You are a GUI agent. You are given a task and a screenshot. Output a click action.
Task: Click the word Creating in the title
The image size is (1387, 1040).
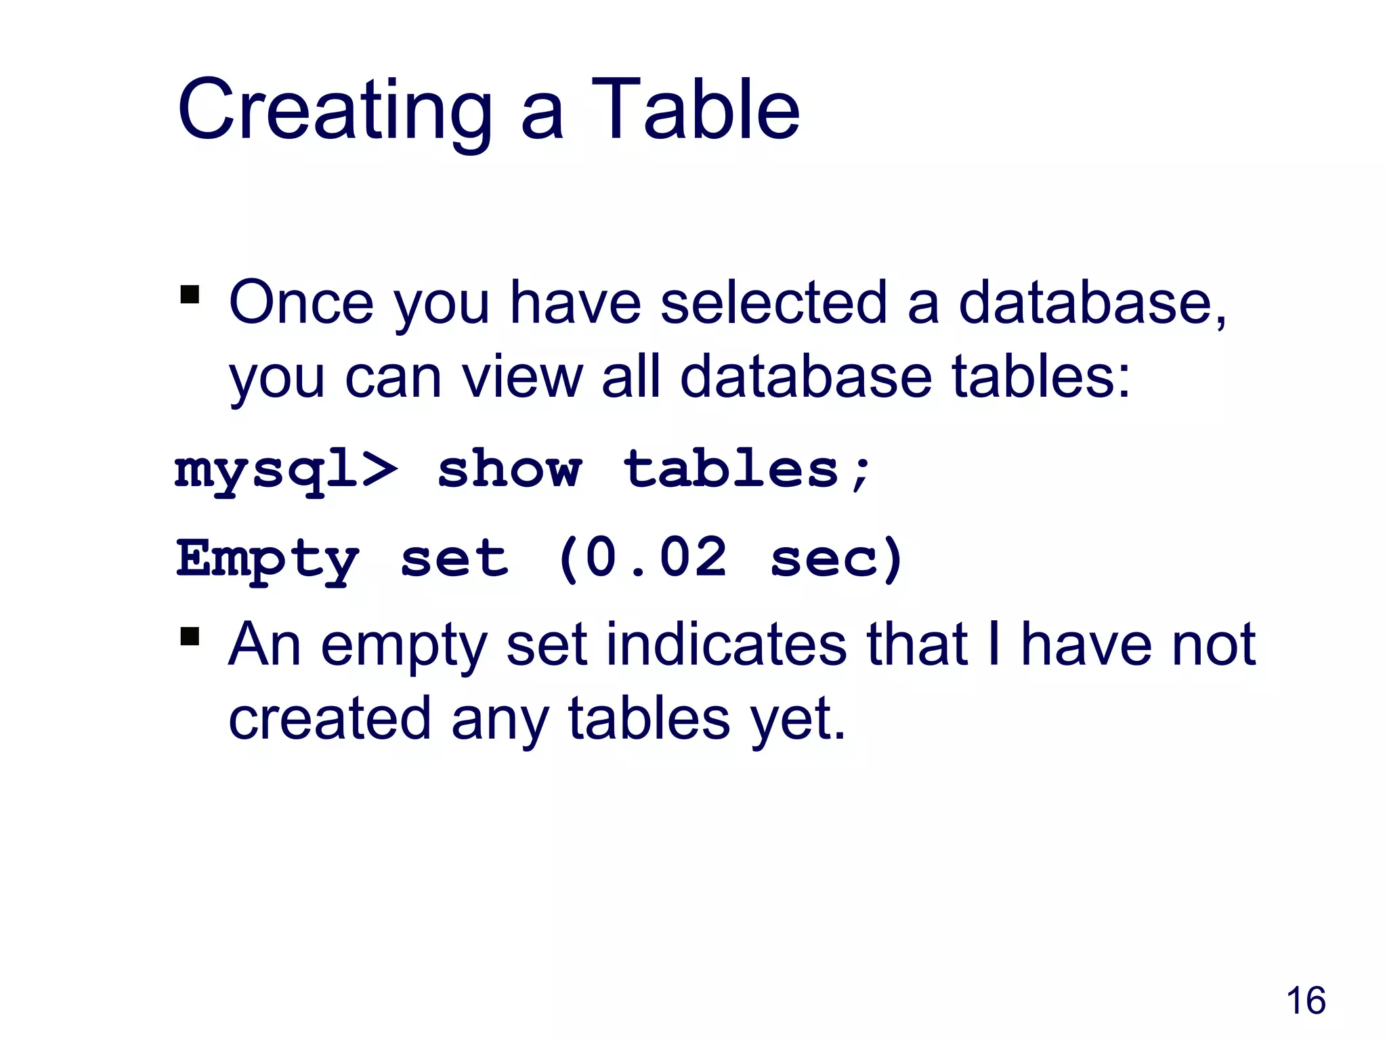click(x=335, y=110)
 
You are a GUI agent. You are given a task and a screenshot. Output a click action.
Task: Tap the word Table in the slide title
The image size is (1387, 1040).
click(x=696, y=110)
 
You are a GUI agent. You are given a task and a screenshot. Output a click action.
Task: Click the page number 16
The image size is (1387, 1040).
click(x=1305, y=1001)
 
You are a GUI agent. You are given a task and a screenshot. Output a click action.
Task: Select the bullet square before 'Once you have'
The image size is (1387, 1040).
click(x=190, y=295)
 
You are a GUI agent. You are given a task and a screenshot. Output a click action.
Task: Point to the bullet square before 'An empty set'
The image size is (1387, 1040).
click(x=190, y=637)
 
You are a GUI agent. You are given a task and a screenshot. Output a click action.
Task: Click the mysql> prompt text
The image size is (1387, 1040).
click(x=286, y=471)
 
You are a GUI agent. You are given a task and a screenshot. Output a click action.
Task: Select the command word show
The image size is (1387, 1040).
click(x=509, y=469)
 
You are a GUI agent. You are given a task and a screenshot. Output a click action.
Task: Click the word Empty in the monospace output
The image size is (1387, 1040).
click(x=267, y=559)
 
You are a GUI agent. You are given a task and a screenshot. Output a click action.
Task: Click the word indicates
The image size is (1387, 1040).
click(x=726, y=645)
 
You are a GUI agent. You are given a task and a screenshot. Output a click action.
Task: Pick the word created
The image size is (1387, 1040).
click(x=330, y=718)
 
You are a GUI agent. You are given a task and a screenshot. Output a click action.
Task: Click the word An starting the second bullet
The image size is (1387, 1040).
click(x=264, y=645)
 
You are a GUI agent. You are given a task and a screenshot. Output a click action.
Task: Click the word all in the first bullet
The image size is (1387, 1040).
click(x=631, y=376)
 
